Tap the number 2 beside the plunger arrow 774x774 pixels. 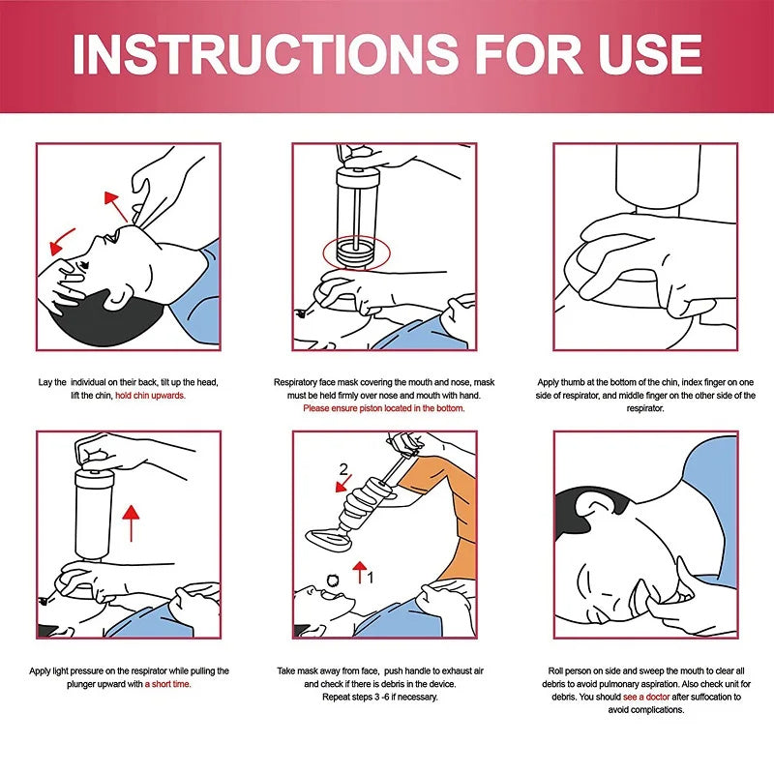point(342,470)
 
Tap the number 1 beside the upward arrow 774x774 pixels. point(371,574)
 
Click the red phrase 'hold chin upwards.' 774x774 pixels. point(150,396)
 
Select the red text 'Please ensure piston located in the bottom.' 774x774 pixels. point(384,408)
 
